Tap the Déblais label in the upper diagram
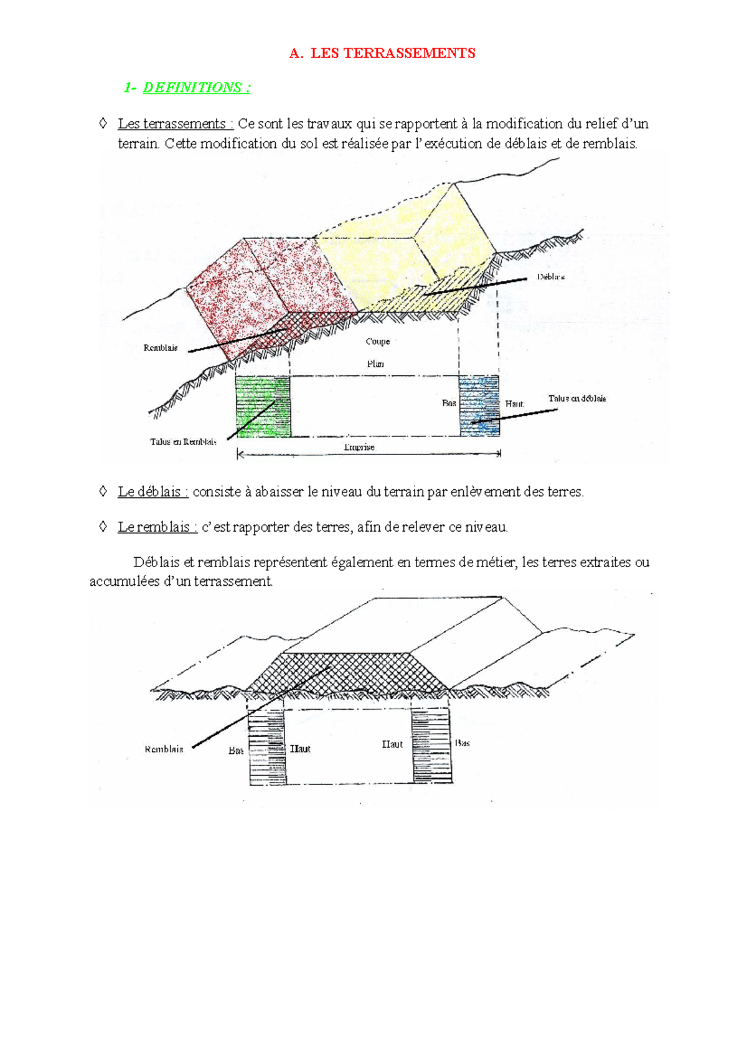[551, 277]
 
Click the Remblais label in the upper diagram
[161, 348]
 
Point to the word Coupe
[378, 341]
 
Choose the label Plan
[375, 364]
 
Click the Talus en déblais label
[577, 398]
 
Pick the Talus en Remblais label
[183, 442]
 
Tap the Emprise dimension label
[359, 447]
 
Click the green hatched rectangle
[262, 406]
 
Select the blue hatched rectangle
[479, 406]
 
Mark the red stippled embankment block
[249, 286]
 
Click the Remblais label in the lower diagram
[164, 749]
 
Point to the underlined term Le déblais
[153, 492]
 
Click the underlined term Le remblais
[157, 527]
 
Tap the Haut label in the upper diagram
[514, 404]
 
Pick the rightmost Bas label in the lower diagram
[462, 743]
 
